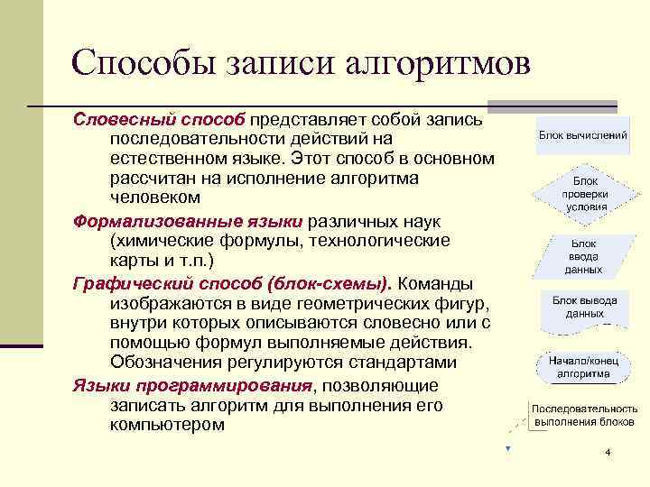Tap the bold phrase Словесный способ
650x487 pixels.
(x=160, y=120)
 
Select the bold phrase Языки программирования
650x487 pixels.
(x=192, y=386)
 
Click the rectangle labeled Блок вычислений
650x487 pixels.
(x=583, y=134)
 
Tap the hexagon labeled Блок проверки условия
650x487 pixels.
(x=584, y=193)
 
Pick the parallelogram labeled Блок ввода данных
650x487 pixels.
(x=583, y=256)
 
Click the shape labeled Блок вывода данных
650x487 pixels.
(x=584, y=307)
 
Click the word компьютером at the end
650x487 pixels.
(x=167, y=425)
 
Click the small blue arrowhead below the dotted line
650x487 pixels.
(x=508, y=448)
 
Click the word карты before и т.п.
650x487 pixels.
(x=134, y=261)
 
